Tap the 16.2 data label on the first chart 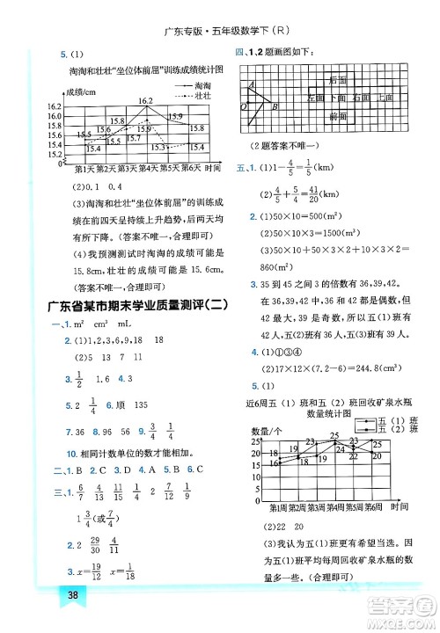point(145,100)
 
